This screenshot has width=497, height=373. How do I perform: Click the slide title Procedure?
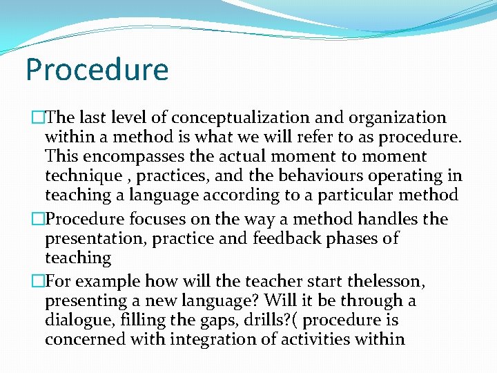click(97, 70)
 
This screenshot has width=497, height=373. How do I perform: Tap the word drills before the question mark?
click(266, 321)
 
